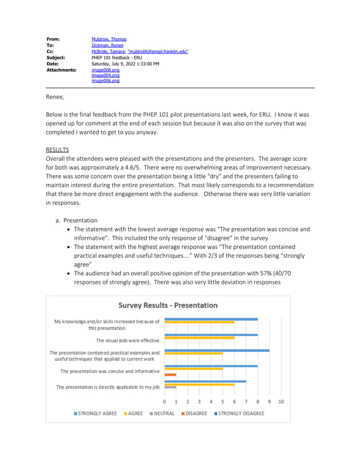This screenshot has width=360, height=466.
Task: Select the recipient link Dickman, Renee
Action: (107, 46)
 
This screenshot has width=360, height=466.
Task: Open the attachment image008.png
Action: (106, 70)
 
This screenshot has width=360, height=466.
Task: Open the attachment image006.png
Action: (106, 81)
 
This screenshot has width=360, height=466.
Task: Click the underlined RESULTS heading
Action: (57, 150)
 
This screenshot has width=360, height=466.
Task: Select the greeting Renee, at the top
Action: (55, 97)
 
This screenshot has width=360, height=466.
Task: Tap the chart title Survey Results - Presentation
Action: (168, 305)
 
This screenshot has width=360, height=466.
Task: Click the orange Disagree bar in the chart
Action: (170, 375)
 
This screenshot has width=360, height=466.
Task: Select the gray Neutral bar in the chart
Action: (170, 387)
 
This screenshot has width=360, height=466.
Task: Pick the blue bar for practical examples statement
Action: (217, 350)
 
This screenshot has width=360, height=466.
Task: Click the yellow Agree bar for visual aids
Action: (199, 338)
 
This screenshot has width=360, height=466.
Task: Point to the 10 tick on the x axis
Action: (281, 402)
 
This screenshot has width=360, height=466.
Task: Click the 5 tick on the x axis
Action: (223, 402)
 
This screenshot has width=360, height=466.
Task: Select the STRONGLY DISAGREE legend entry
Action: (238, 414)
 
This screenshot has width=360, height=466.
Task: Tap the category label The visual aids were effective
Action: (127, 340)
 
